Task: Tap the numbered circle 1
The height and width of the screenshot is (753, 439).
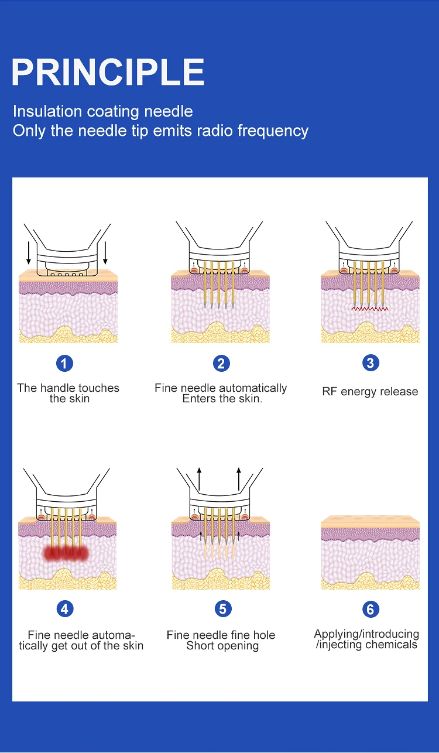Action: click(x=64, y=364)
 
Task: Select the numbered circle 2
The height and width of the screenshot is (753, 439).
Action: click(x=221, y=364)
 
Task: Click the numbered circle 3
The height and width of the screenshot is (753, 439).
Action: click(x=369, y=363)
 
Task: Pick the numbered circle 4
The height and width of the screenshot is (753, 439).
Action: click(x=64, y=609)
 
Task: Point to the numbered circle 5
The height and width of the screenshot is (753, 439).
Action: click(x=222, y=609)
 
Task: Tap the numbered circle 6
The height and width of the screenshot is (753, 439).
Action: click(x=370, y=610)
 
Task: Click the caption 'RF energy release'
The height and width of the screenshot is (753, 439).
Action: click(x=370, y=392)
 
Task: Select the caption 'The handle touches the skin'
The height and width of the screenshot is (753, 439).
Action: click(x=68, y=393)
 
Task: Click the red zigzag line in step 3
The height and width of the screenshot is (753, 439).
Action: click(x=370, y=308)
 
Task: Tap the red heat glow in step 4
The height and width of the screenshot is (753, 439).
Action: click(x=65, y=553)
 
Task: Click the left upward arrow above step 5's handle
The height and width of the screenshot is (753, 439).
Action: click(x=199, y=479)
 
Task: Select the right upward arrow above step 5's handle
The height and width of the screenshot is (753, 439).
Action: click(x=239, y=479)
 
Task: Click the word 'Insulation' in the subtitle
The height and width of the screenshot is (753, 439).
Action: click(x=47, y=111)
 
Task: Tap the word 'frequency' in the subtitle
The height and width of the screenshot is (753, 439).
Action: click(x=273, y=131)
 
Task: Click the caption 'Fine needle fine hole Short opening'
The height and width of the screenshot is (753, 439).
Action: click(x=221, y=641)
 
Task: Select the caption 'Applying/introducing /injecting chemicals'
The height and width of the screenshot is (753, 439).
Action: click(x=366, y=639)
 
